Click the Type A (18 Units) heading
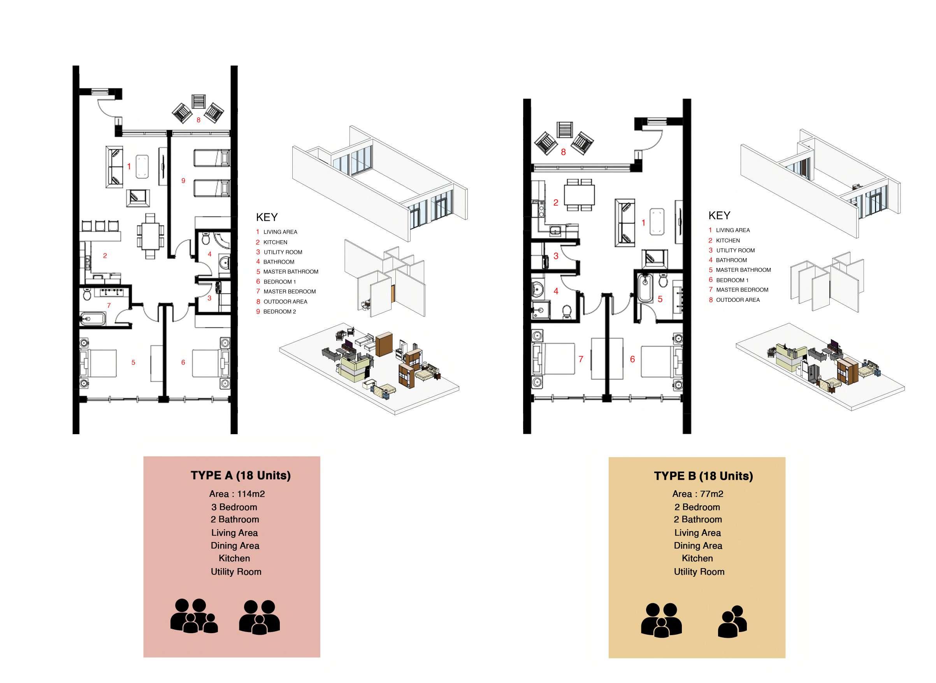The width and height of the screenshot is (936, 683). click(x=241, y=475)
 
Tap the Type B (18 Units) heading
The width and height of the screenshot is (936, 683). click(x=703, y=476)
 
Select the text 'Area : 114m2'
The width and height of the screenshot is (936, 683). click(x=237, y=494)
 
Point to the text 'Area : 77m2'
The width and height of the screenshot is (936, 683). click(x=697, y=494)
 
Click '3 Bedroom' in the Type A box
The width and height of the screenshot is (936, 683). click(x=234, y=507)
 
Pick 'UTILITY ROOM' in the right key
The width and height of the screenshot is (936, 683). click(x=735, y=250)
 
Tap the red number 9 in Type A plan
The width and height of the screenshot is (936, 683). click(x=183, y=181)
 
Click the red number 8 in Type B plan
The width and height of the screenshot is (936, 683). click(x=563, y=152)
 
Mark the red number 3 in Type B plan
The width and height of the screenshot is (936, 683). click(x=556, y=256)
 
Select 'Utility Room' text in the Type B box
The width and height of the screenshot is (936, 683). click(x=699, y=572)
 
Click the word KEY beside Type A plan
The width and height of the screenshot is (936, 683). click(x=267, y=217)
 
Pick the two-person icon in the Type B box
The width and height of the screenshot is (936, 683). click(x=732, y=621)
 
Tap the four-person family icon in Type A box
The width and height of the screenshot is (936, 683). click(x=194, y=616)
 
